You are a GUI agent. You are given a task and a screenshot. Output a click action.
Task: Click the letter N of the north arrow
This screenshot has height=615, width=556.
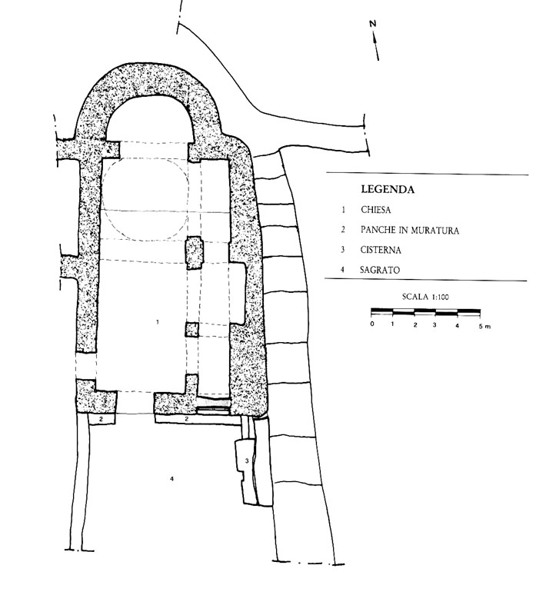point(373,24)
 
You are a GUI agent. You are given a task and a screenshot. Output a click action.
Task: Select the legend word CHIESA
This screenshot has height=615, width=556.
point(375,209)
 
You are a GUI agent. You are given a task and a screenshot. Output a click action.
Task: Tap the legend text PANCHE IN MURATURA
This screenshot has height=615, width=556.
point(408,230)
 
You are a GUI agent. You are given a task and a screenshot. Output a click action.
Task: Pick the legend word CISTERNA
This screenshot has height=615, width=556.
point(380,250)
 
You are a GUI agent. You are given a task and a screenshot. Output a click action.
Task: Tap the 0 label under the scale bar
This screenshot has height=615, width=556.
point(372,325)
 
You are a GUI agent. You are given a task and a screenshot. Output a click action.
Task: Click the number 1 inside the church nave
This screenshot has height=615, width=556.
point(157,322)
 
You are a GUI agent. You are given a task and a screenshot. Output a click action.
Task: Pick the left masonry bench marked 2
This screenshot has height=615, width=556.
point(100,419)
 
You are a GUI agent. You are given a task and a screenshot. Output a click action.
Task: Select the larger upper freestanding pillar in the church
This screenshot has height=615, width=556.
point(193,251)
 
